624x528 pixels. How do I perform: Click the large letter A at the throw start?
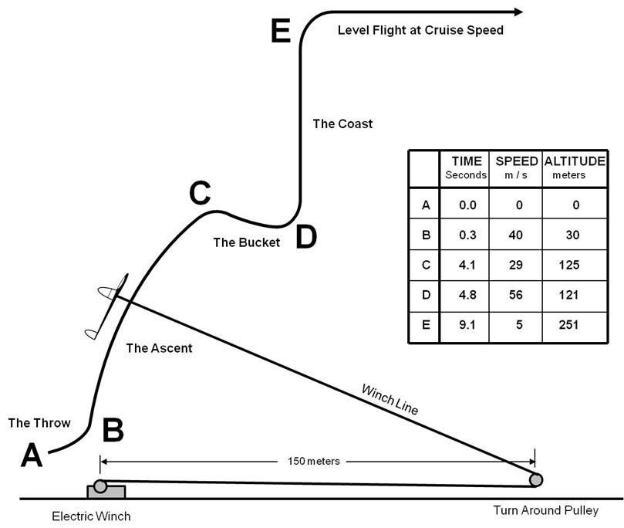pos(31,455)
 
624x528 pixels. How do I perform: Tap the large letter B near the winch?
pos(113,431)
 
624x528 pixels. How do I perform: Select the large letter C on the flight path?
pos(200,194)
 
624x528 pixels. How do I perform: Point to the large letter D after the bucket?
pos(306,238)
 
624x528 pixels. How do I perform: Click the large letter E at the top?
pos(281,32)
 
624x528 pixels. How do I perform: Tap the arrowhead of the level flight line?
pos(516,12)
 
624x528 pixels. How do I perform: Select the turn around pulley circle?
pos(536,479)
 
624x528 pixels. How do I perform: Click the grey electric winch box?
pos(106,490)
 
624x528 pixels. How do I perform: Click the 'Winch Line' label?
pos(390,400)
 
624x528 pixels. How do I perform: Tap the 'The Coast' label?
pos(342,124)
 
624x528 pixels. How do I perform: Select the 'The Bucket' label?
pos(246,242)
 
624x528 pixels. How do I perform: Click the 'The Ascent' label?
pos(159,348)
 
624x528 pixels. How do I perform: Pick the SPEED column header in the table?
pos(515,161)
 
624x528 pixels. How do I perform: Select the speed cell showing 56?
pos(516,295)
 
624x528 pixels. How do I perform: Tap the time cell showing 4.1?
pos(463,265)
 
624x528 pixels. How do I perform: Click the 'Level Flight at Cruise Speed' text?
pos(420,31)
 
